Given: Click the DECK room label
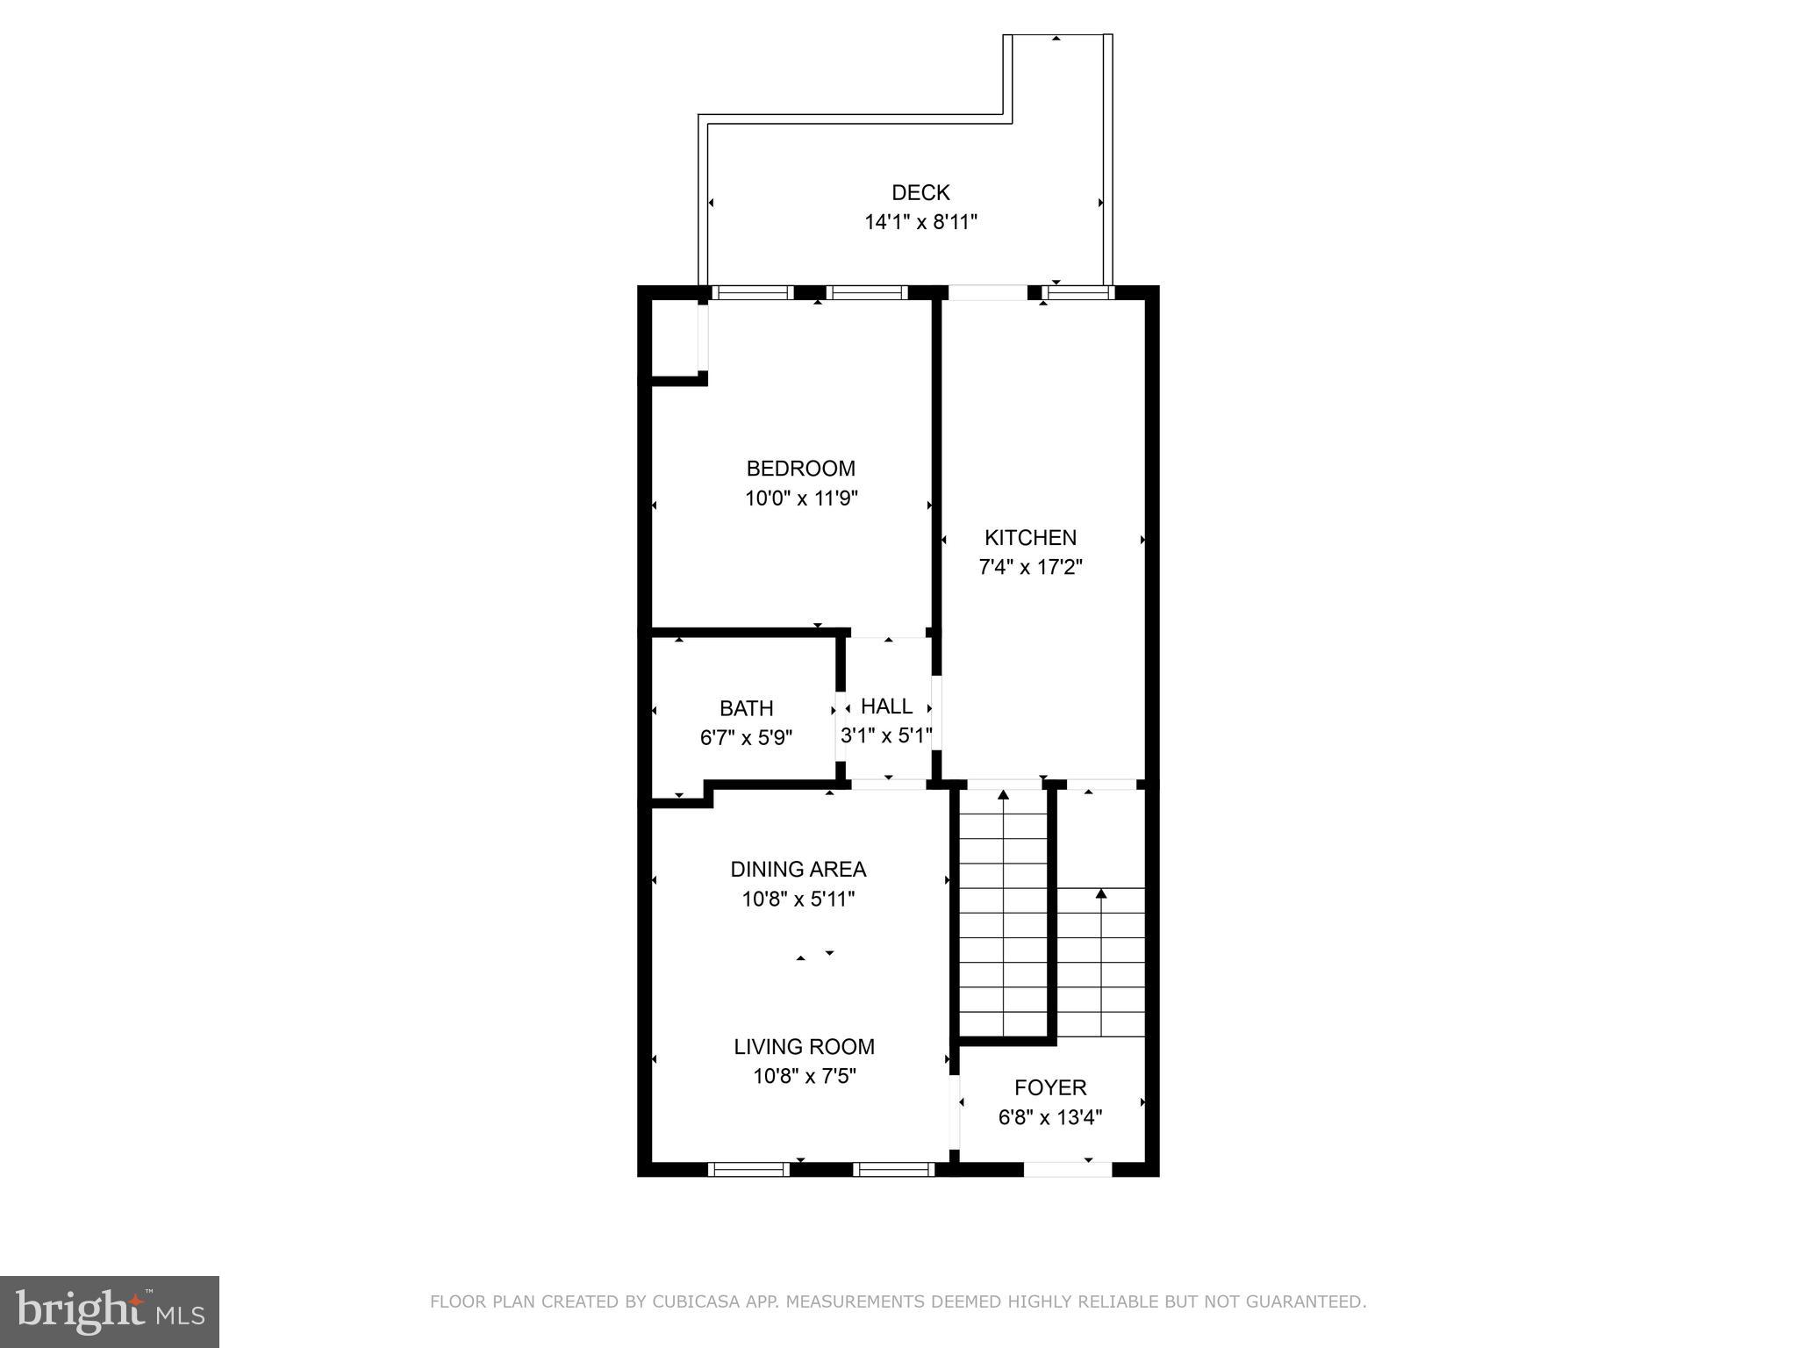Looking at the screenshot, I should [x=920, y=192].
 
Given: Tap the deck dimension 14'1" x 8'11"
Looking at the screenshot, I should [x=920, y=222].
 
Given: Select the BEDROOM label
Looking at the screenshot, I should [x=800, y=469].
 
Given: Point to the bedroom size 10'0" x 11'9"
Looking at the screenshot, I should [x=800, y=498].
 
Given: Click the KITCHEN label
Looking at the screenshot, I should [x=1030, y=537].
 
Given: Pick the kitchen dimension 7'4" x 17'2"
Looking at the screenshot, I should [x=1030, y=567].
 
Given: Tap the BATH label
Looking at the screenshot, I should [x=746, y=708].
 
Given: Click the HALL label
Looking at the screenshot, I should [x=886, y=706].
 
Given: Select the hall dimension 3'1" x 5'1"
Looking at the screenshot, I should [x=886, y=735].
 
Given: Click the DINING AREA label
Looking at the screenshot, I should [x=798, y=869].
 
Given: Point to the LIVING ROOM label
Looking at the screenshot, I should [x=804, y=1046].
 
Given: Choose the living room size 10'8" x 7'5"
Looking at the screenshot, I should [x=804, y=1076].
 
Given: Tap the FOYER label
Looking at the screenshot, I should [x=1050, y=1087].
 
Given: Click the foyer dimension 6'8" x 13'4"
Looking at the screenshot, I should [x=1050, y=1117].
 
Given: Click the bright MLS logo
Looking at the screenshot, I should [x=110, y=1311].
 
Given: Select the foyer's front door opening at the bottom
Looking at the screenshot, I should [x=1067, y=1169].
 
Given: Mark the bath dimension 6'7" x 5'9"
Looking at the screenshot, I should [x=746, y=738].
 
